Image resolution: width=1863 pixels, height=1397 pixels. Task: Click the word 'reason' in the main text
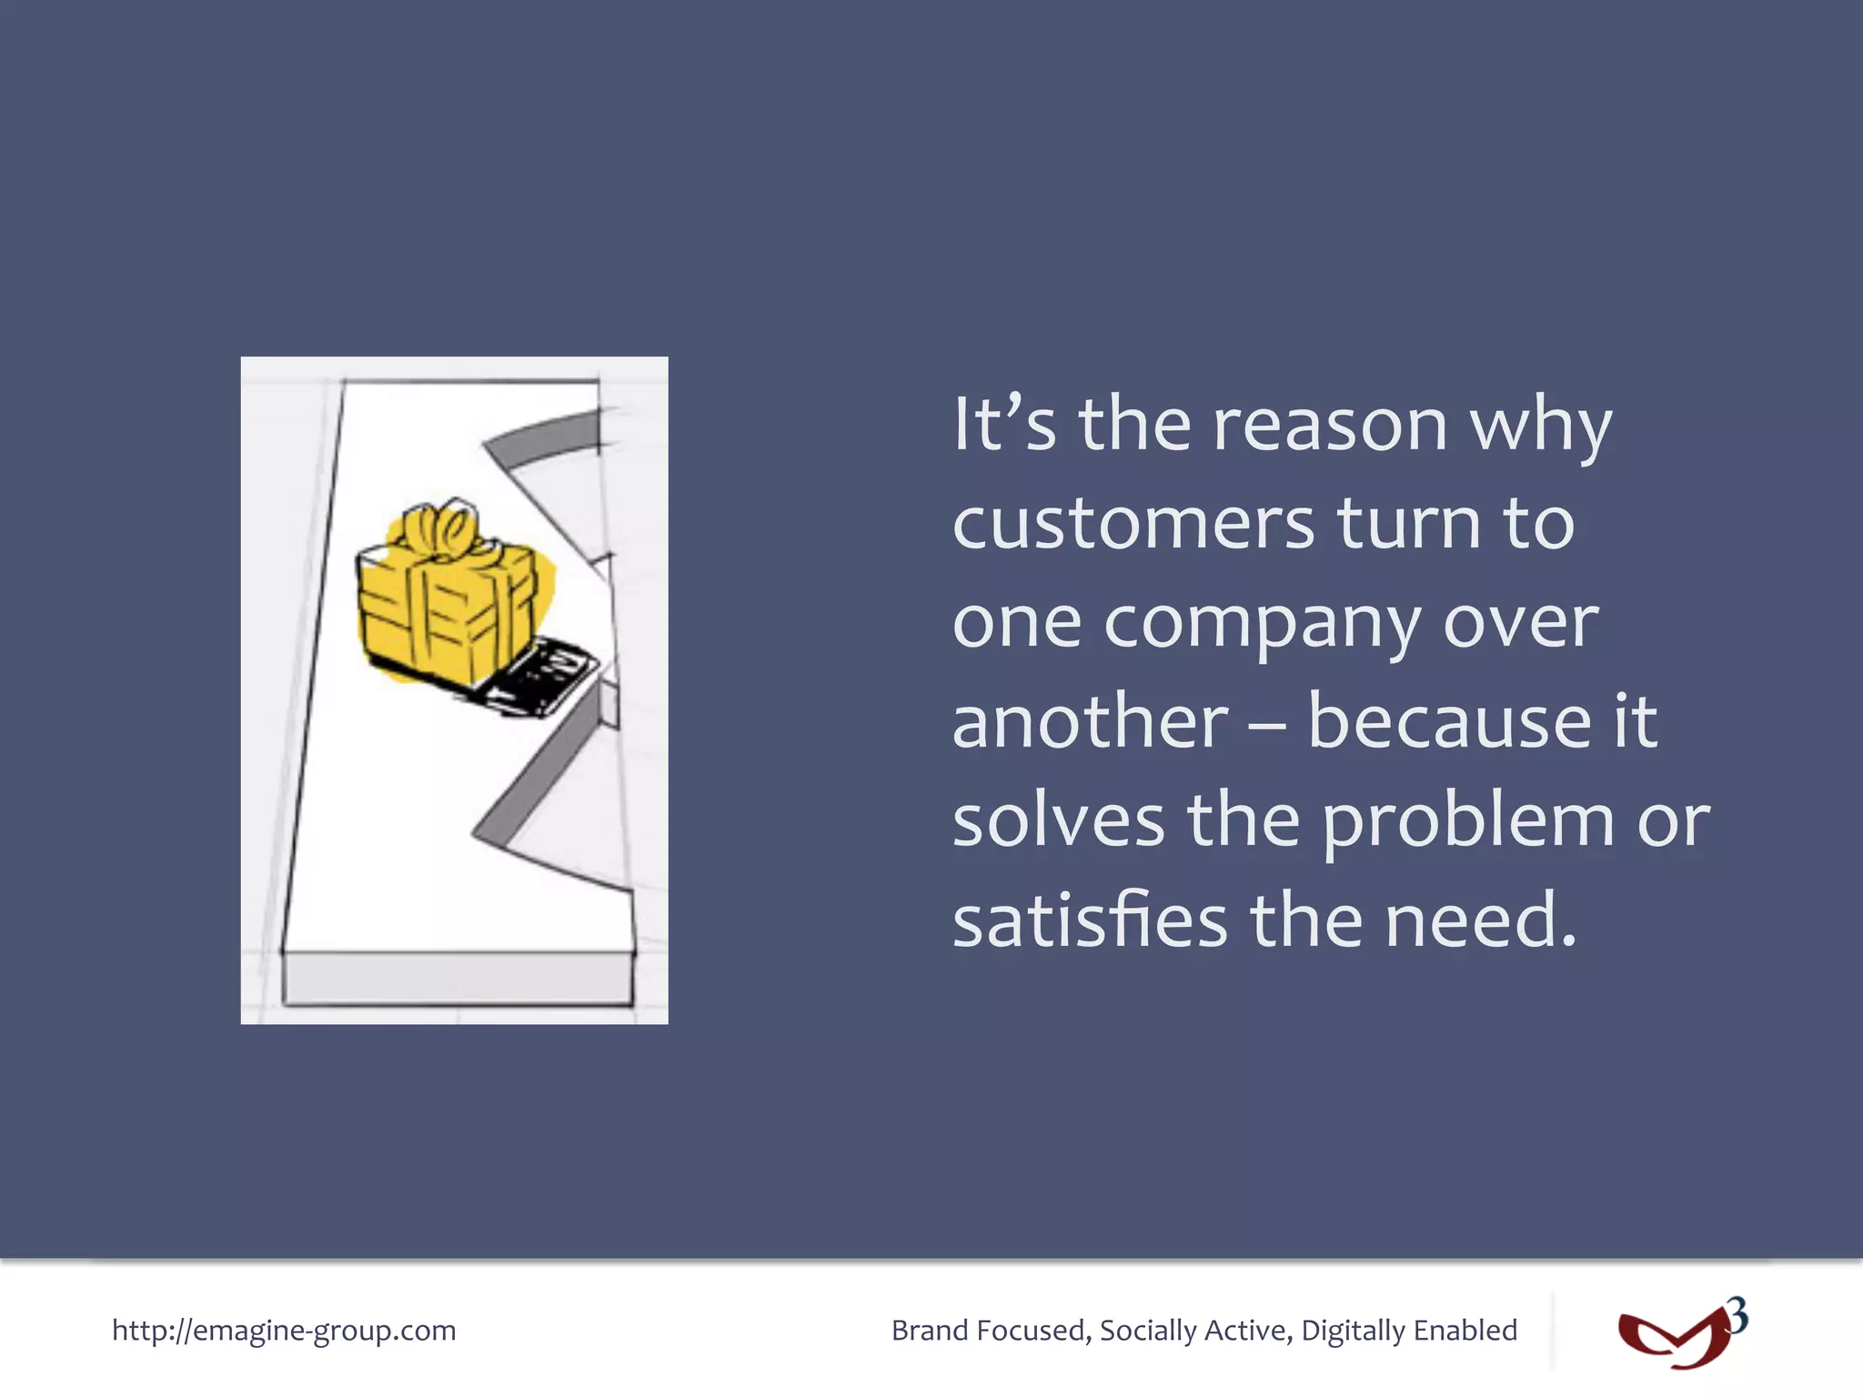(x=1330, y=426)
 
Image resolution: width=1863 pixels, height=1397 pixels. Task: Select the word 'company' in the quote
(x=1261, y=626)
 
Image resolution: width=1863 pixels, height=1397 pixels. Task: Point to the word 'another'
(x=1091, y=722)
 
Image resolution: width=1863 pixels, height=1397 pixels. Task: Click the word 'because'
(x=1450, y=722)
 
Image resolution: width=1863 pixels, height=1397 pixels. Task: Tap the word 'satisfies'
(x=1090, y=920)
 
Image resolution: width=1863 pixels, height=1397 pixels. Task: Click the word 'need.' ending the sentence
(x=1481, y=920)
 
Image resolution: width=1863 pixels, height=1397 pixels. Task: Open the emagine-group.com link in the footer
(x=284, y=1331)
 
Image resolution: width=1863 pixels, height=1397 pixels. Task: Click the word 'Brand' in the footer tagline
(x=930, y=1331)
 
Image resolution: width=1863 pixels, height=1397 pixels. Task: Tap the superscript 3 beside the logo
(x=1737, y=1316)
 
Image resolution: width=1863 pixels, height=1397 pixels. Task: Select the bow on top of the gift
(x=443, y=528)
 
